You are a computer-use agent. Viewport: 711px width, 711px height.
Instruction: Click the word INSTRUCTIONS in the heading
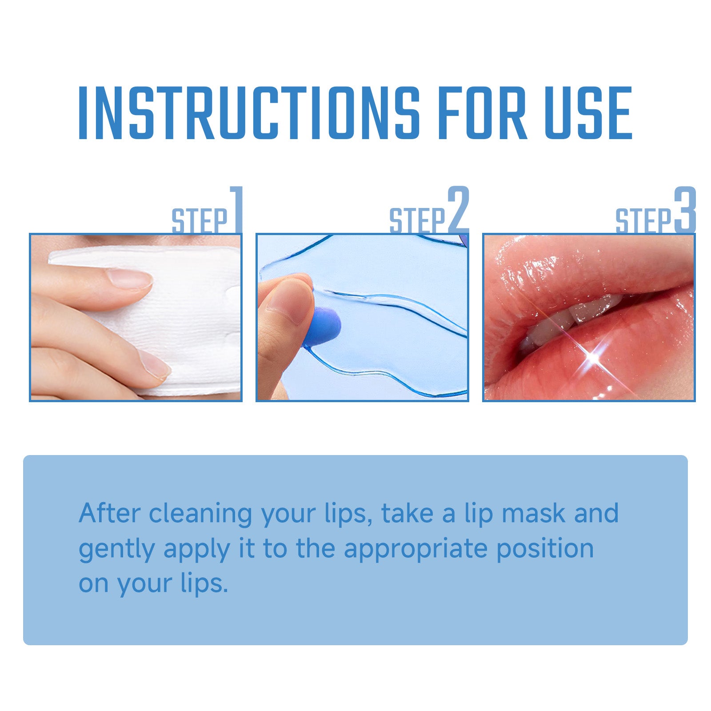[x=249, y=113]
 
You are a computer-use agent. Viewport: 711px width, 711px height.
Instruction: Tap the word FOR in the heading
[x=482, y=113]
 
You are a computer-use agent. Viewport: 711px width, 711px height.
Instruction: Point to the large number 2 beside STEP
[x=458, y=209]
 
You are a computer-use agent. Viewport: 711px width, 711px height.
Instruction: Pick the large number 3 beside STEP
[x=684, y=209]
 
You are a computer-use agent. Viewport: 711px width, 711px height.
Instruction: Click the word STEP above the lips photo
[x=643, y=221]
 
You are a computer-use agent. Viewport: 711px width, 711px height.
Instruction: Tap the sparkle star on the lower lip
[x=593, y=355]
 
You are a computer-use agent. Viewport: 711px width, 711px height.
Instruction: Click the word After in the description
[x=109, y=513]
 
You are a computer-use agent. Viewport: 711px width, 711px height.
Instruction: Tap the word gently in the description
[x=116, y=549]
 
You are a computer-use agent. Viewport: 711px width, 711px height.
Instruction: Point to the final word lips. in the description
[x=204, y=584]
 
